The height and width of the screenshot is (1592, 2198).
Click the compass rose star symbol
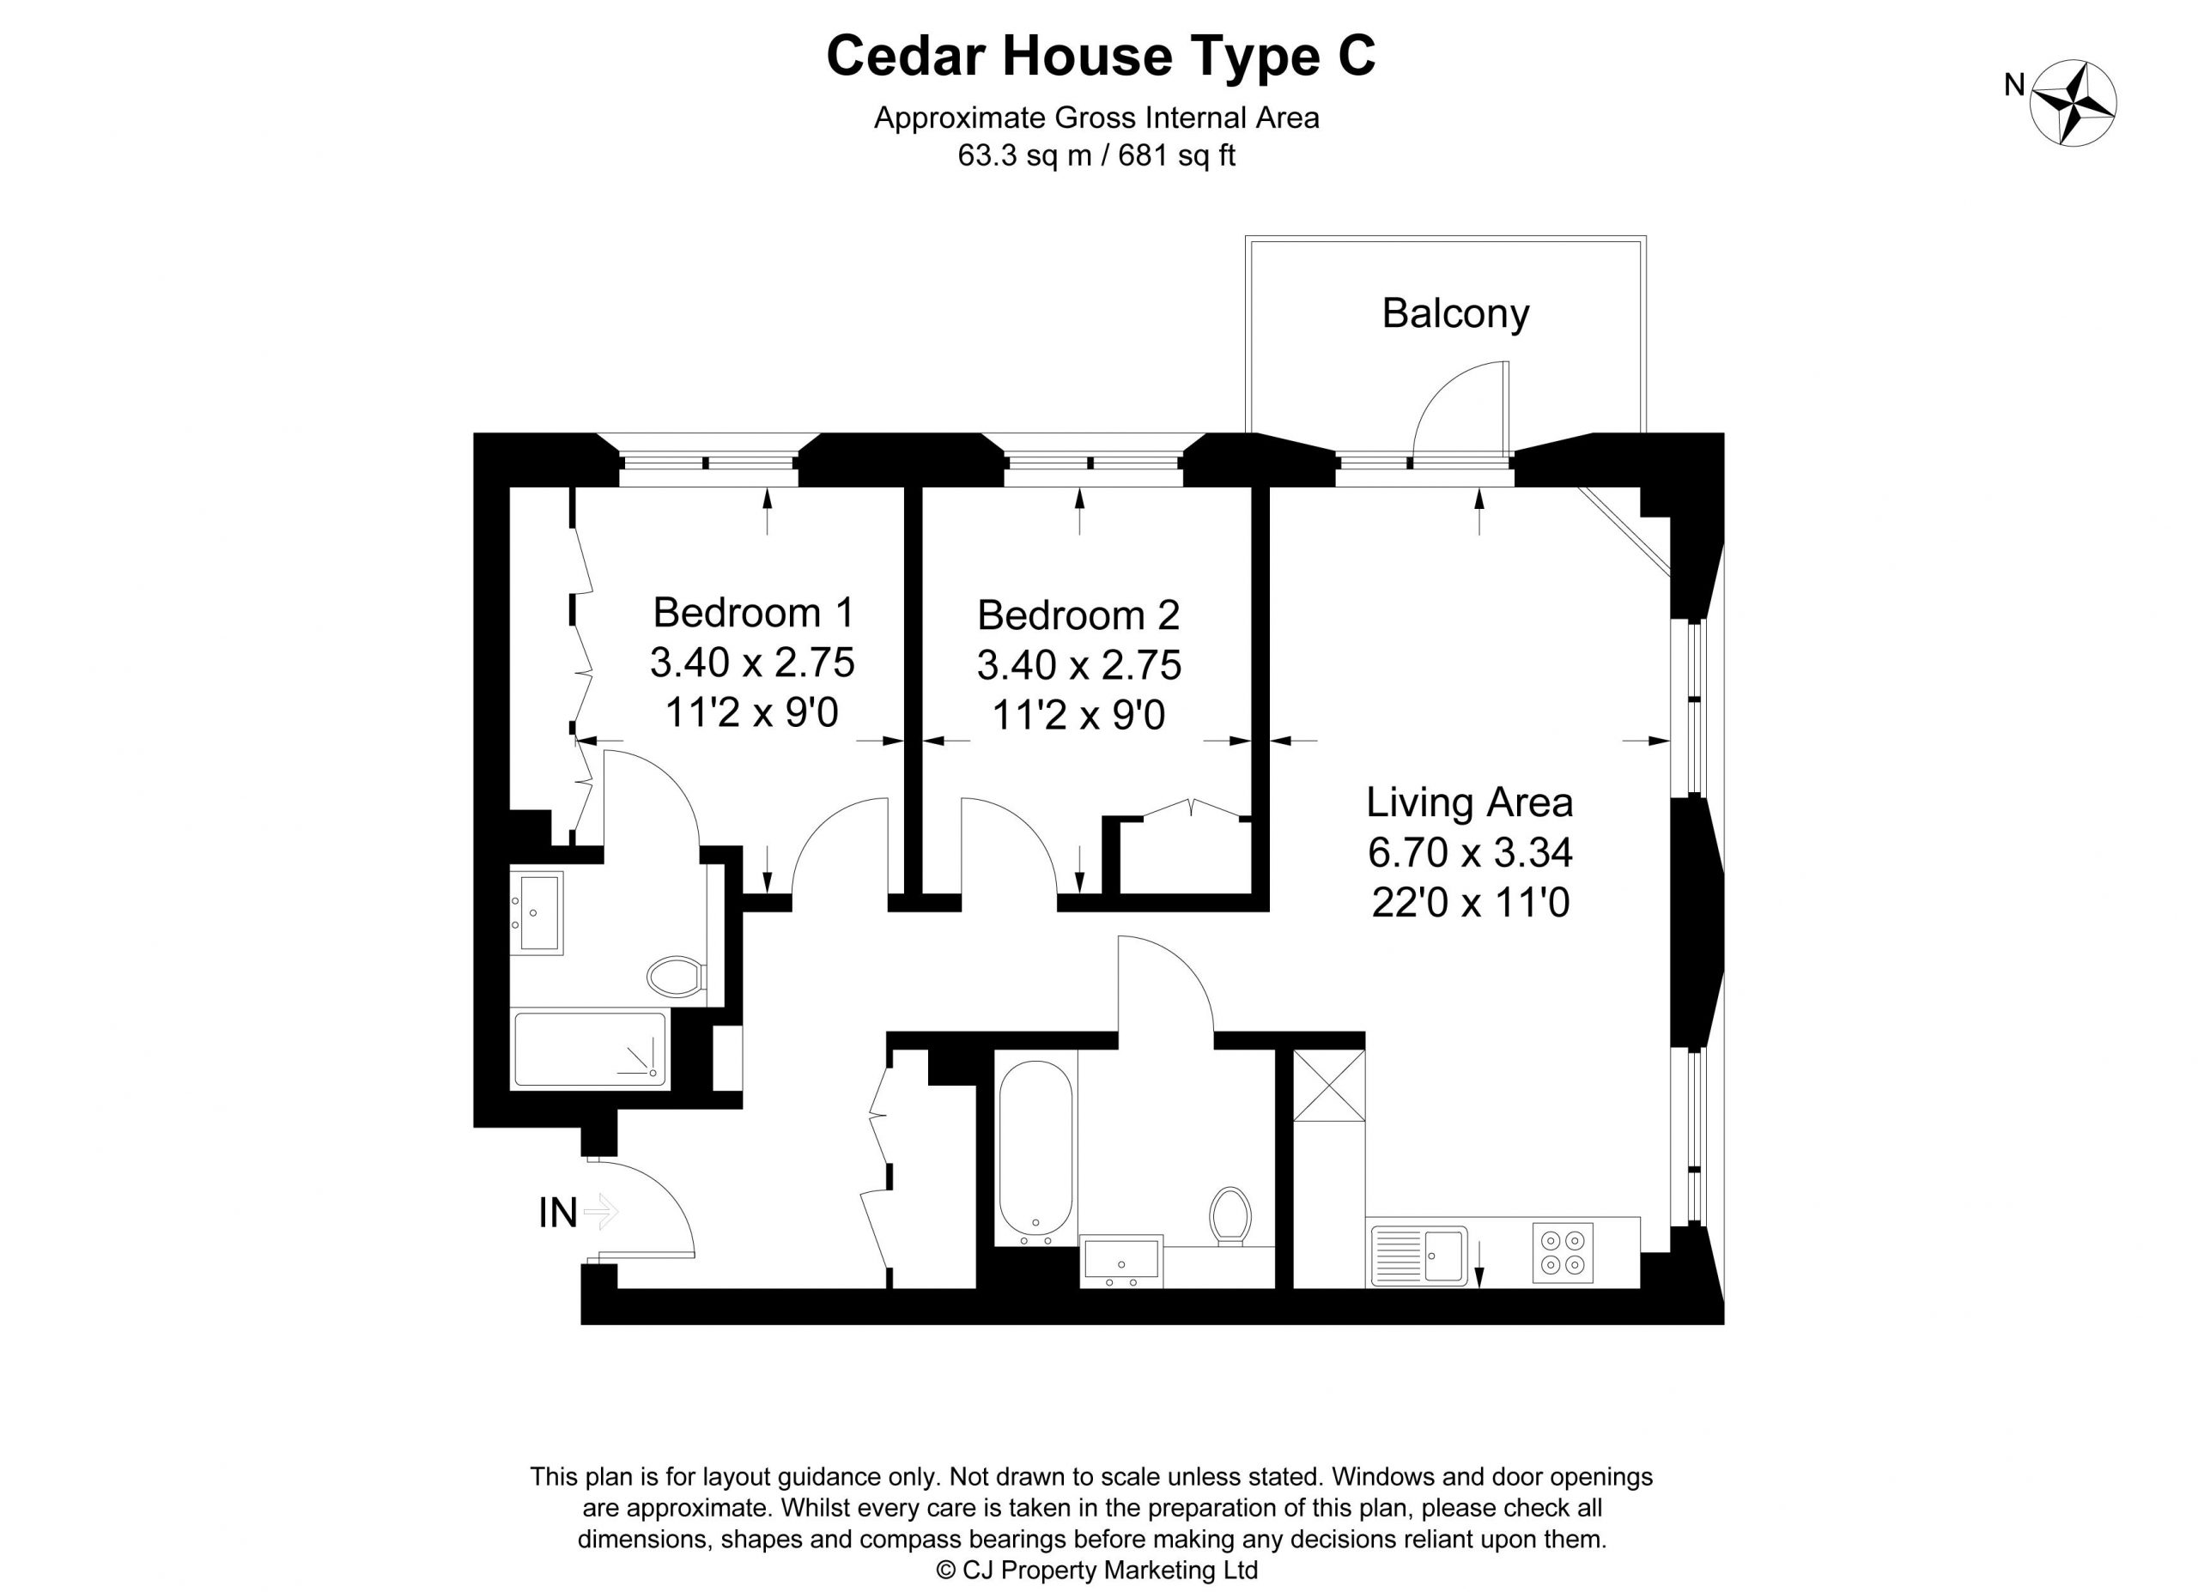[2073, 104]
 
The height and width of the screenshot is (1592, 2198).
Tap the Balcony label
[1454, 314]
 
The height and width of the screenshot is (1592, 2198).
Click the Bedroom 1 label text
[753, 613]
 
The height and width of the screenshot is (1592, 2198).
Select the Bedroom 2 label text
[1078, 615]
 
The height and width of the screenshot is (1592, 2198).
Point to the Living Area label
[1469, 803]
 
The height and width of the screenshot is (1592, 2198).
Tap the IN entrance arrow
[601, 1212]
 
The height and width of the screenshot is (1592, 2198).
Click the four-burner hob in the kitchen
[1563, 1253]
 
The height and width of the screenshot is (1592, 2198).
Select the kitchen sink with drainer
[1418, 1256]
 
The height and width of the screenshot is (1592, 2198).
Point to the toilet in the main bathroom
[1230, 1217]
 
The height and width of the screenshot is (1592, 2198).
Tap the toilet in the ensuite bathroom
[676, 977]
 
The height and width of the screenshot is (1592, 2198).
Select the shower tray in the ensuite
[590, 1050]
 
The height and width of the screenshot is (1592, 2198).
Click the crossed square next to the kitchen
[1329, 1087]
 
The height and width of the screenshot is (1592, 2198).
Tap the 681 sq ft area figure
[1176, 156]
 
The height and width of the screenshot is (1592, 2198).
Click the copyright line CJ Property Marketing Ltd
[1097, 1570]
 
